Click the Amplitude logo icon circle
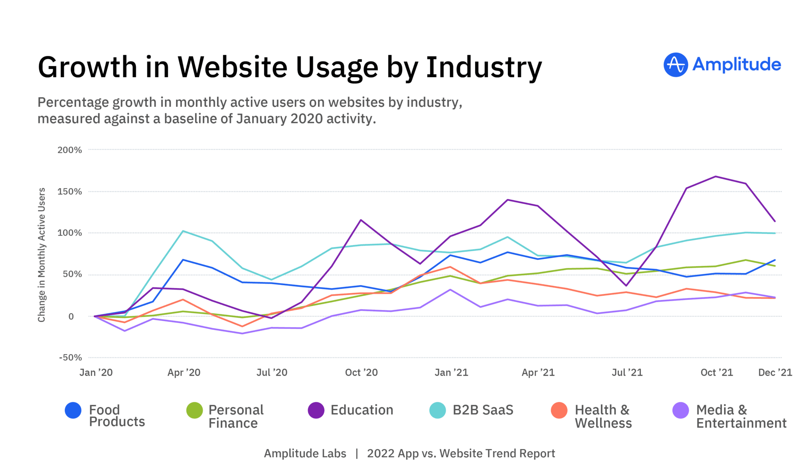pos(676,65)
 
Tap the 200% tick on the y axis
pos(70,150)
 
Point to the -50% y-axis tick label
pos(70,358)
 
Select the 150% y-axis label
pos(70,192)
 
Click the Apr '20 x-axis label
pos(184,373)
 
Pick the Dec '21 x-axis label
pos(775,373)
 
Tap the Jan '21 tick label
pos(451,373)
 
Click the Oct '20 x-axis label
pos(361,373)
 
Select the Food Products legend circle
pos(73,411)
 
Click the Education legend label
pos(361,410)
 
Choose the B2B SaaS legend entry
pos(483,410)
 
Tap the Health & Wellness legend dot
pos(559,411)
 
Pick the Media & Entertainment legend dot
pos(680,411)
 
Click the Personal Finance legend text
pos(236,417)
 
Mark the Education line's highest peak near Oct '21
pos(715,176)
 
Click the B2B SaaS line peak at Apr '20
pos(183,231)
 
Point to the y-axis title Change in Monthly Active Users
pos(42,255)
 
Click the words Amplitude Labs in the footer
pos(305,454)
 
